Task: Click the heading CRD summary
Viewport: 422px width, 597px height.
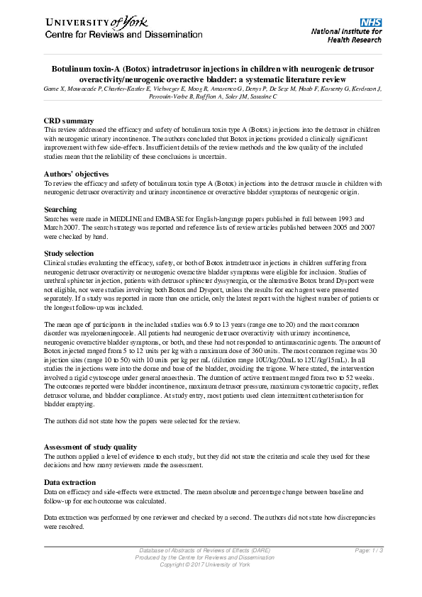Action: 69,121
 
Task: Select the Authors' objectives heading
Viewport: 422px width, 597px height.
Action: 76,174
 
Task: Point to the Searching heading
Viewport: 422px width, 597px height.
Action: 62,209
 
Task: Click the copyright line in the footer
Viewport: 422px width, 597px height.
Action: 205,564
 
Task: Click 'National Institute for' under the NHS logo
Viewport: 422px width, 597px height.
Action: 347,32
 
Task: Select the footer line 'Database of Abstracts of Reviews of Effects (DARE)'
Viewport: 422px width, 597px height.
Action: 204,551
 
